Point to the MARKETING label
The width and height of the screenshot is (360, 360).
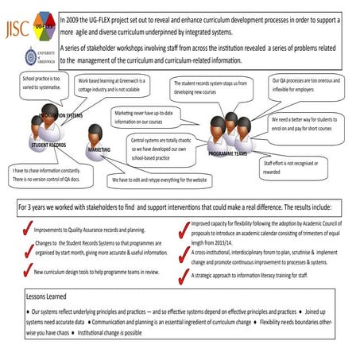click(99, 149)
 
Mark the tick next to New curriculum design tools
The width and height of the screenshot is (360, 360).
click(26, 271)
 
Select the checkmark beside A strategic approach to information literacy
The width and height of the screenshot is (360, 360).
click(184, 275)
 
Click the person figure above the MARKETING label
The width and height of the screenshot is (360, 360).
click(96, 134)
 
